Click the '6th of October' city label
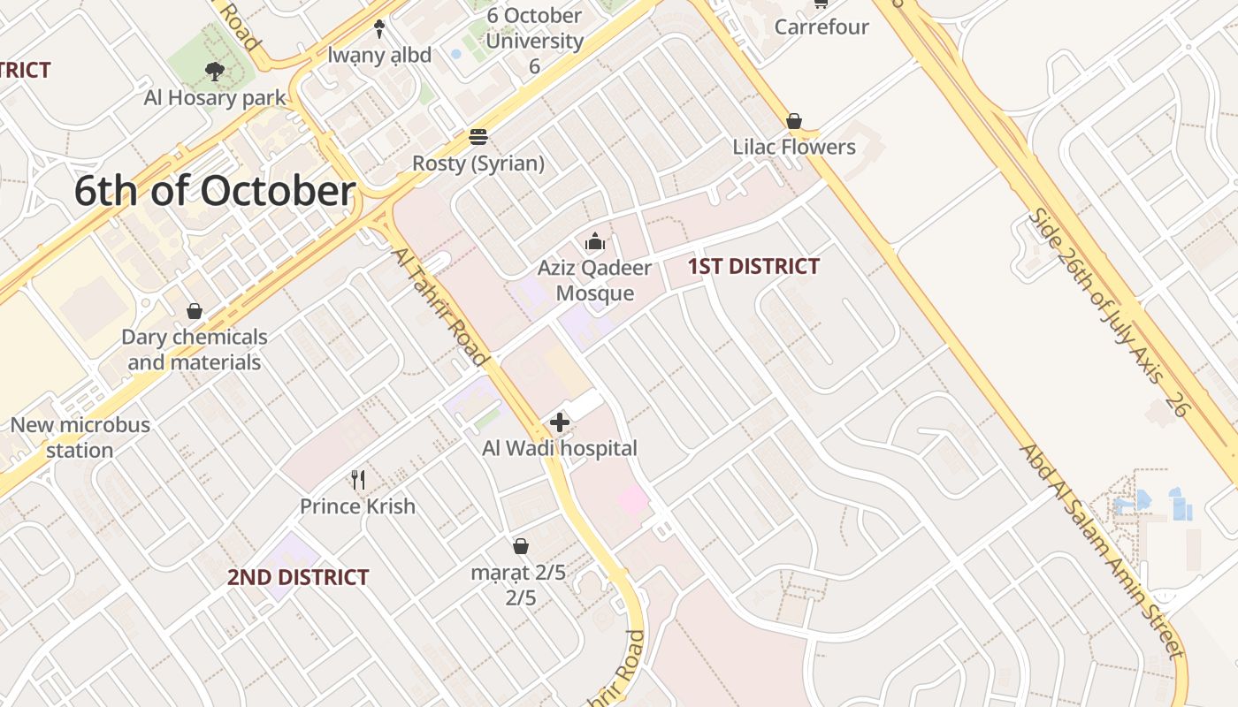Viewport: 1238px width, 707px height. pyautogui.click(x=215, y=191)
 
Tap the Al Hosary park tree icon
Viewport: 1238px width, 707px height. pyautogui.click(x=214, y=71)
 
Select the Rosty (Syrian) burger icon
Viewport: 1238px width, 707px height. pyautogui.click(x=478, y=137)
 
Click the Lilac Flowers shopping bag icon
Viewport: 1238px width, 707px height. pyautogui.click(x=794, y=121)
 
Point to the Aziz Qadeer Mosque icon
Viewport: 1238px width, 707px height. pyautogui.click(x=595, y=241)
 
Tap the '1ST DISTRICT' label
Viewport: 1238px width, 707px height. pyautogui.click(x=753, y=266)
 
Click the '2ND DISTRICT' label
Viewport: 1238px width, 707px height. pyautogui.click(x=298, y=577)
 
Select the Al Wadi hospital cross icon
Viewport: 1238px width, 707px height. pyautogui.click(x=559, y=422)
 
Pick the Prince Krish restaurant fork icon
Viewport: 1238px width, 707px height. pyautogui.click(x=358, y=480)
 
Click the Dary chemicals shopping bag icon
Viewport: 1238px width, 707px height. pyautogui.click(x=195, y=311)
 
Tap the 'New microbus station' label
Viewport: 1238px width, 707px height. pyautogui.click(x=80, y=437)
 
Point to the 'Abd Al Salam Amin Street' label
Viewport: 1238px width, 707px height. pyautogui.click(x=1102, y=551)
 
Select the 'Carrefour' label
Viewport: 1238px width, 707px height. pyautogui.click(x=822, y=27)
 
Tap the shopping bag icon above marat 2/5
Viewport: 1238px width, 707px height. pyautogui.click(x=521, y=546)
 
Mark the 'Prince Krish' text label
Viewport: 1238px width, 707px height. pyautogui.click(x=357, y=506)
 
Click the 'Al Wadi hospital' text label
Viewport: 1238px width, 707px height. pyautogui.click(x=559, y=448)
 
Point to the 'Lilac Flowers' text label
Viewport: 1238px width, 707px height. pyautogui.click(x=794, y=147)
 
